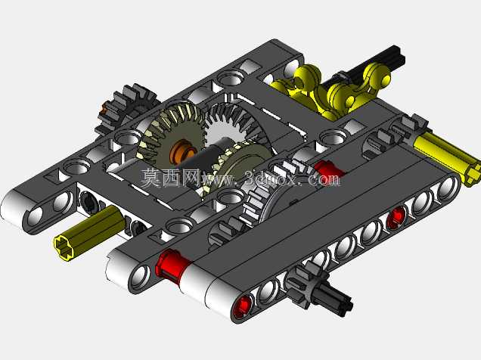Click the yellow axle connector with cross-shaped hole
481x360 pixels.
(90, 234)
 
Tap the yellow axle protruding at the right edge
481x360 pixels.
(447, 159)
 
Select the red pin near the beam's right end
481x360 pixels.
(396, 216)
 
